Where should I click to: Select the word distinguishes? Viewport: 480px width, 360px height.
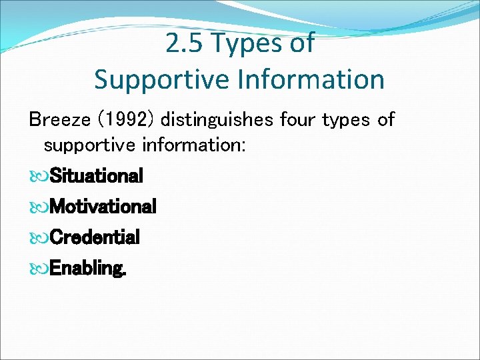217,120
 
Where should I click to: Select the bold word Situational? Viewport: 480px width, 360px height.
97,176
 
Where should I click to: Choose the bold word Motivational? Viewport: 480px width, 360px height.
103,207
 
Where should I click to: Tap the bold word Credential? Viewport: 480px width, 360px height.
95,237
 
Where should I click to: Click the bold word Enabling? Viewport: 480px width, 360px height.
88,269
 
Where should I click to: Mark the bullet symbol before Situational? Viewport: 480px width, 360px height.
38,177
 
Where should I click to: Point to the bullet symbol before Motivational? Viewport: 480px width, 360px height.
38,207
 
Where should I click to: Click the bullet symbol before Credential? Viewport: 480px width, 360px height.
38,238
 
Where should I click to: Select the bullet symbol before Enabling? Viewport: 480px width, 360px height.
38,269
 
